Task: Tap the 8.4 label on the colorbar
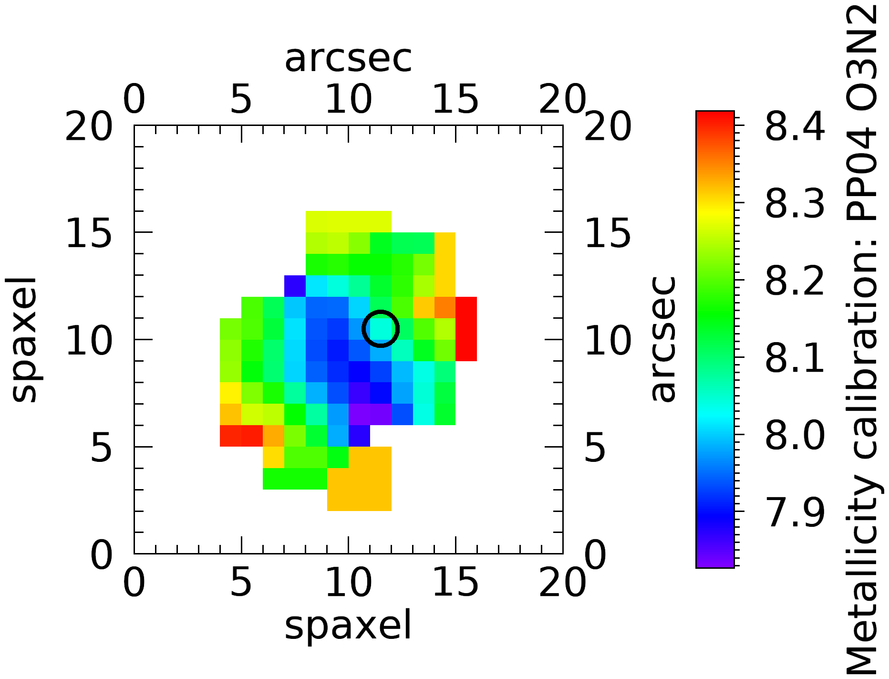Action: [x=795, y=126]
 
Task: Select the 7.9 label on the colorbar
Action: [x=795, y=512]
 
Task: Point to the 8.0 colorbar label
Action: [x=795, y=435]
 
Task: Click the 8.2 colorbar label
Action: [x=795, y=281]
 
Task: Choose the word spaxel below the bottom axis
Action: [x=348, y=626]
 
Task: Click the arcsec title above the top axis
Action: [x=348, y=58]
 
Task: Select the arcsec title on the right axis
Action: [x=663, y=339]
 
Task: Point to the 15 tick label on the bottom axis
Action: [x=455, y=583]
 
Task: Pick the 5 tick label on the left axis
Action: [x=101, y=447]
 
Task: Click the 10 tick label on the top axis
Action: [x=348, y=100]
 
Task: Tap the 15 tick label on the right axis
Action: [x=608, y=233]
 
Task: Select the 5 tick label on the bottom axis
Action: [x=241, y=583]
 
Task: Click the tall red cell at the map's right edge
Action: [x=466, y=329]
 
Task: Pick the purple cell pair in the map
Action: [x=370, y=414]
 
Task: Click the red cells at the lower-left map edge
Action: [x=241, y=436]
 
